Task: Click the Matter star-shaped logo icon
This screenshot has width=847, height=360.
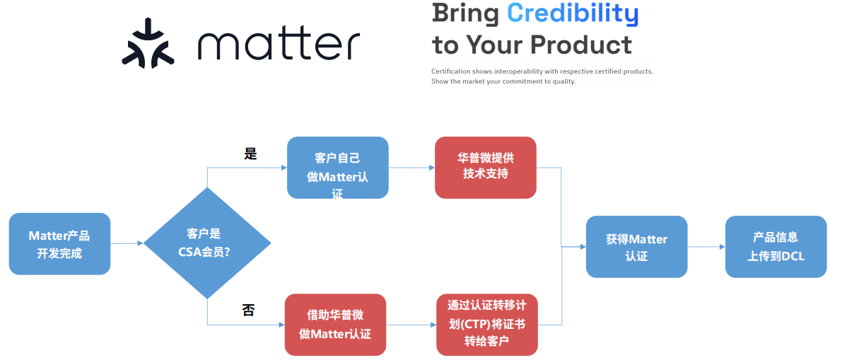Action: pyautogui.click(x=147, y=44)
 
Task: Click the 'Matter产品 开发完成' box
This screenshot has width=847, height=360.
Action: pyautogui.click(x=59, y=244)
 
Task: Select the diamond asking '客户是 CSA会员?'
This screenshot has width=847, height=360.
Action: pyautogui.click(x=207, y=243)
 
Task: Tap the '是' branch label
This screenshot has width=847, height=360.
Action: pyautogui.click(x=250, y=153)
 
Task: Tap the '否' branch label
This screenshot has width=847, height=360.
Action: pyautogui.click(x=248, y=310)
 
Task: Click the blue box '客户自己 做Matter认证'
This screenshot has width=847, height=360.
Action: pyautogui.click(x=337, y=168)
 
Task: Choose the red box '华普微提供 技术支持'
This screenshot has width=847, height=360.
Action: pyautogui.click(x=485, y=167)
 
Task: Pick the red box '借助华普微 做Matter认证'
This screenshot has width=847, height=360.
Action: pyautogui.click(x=335, y=325)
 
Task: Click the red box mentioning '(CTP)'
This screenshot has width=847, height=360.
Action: pyautogui.click(x=486, y=325)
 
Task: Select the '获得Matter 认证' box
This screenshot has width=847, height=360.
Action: pyautogui.click(x=636, y=247)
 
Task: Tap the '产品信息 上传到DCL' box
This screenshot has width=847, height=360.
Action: pyautogui.click(x=776, y=246)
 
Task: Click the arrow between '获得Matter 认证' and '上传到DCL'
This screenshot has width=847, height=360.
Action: pyautogui.click(x=706, y=247)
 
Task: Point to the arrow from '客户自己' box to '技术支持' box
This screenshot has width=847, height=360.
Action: pyautogui.click(x=411, y=168)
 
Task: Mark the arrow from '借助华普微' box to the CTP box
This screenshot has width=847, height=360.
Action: pyautogui.click(x=411, y=325)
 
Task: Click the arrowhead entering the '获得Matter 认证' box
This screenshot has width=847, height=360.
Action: pyautogui.click(x=583, y=247)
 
